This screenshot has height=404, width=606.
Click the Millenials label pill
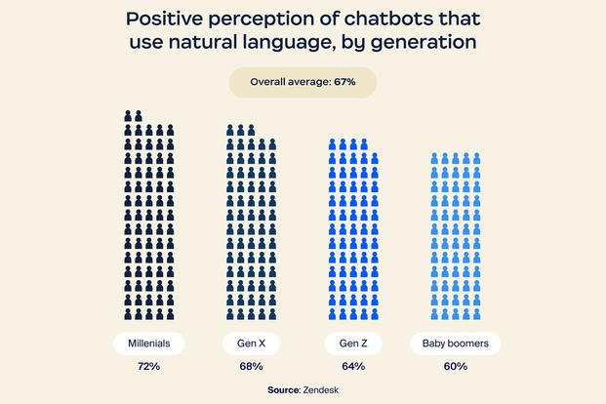coord(149,344)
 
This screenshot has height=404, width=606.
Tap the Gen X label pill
coord(251,344)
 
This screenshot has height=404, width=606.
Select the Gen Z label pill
coord(353,344)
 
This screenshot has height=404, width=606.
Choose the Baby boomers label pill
coord(456,344)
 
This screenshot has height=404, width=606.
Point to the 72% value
coord(149,367)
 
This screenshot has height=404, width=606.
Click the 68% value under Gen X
coord(251,367)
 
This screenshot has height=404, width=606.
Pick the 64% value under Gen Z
coord(353,367)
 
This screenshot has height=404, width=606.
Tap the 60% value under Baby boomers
coord(456,367)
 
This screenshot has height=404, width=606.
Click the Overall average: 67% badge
coord(303,83)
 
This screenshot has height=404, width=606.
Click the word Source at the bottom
coord(284,389)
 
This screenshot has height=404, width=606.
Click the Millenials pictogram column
coord(149,215)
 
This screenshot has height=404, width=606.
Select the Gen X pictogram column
coord(251,221)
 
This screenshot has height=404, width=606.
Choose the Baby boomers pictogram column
coord(456,234)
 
